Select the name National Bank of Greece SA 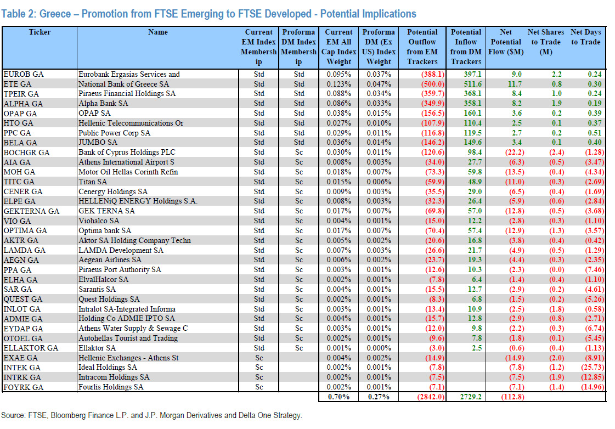pyautogui.click(x=123, y=84)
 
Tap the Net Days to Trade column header pyautogui.click(x=585, y=37)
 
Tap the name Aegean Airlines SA pyautogui.click(x=110, y=259)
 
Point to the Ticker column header pyautogui.click(x=40, y=32)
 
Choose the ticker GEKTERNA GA pyautogui.click(x=31, y=211)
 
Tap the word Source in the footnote pyautogui.click(x=14, y=415)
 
